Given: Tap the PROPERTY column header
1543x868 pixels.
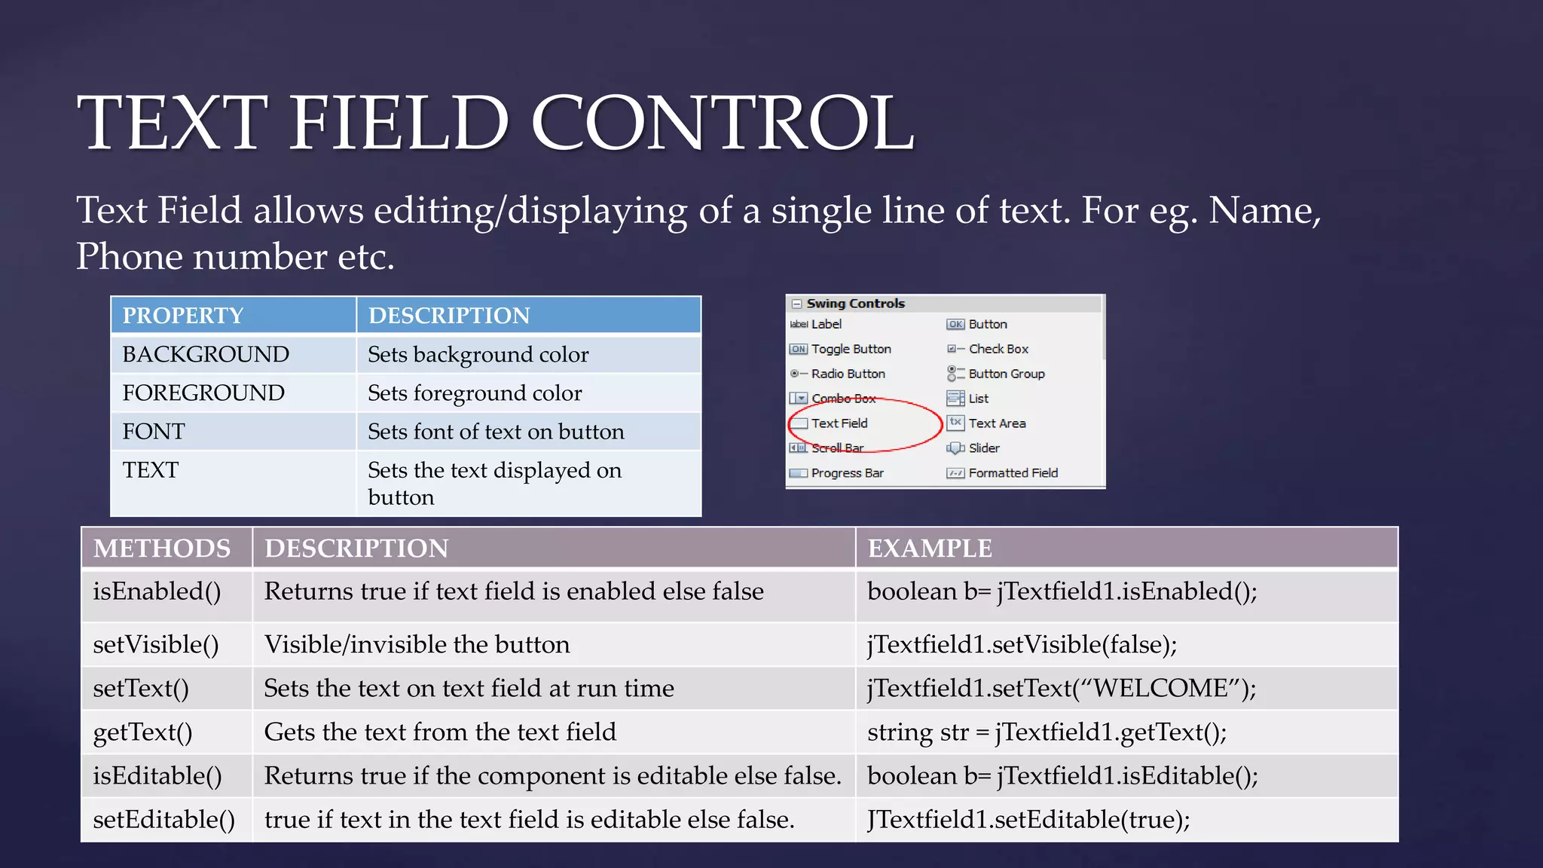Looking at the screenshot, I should point(183,316).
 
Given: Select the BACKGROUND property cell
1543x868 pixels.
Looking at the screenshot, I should point(206,354).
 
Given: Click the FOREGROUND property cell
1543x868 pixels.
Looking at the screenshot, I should point(203,393).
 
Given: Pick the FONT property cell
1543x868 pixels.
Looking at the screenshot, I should point(154,432).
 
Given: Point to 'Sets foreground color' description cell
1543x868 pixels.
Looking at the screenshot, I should point(475,393).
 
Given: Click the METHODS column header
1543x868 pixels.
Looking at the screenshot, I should point(162,548).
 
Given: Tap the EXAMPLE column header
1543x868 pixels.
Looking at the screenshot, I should point(930,548).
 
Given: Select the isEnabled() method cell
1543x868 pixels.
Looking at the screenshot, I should point(157,592).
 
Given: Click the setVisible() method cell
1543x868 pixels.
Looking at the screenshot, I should point(156,645).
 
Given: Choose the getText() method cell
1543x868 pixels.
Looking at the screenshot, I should point(142,732).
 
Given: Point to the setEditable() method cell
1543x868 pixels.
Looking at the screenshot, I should point(163,820).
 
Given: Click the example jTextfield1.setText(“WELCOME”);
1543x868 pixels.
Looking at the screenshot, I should point(1062,689).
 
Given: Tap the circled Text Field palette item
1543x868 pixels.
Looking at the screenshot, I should point(839,423).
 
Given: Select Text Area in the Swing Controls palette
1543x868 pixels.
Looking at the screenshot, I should point(996,423).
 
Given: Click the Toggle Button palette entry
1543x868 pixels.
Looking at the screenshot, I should point(851,349).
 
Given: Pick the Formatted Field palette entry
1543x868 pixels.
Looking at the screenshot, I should point(1013,473).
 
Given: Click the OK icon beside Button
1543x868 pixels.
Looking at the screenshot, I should point(955,325).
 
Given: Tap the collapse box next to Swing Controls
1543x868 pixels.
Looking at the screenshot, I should point(796,304).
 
